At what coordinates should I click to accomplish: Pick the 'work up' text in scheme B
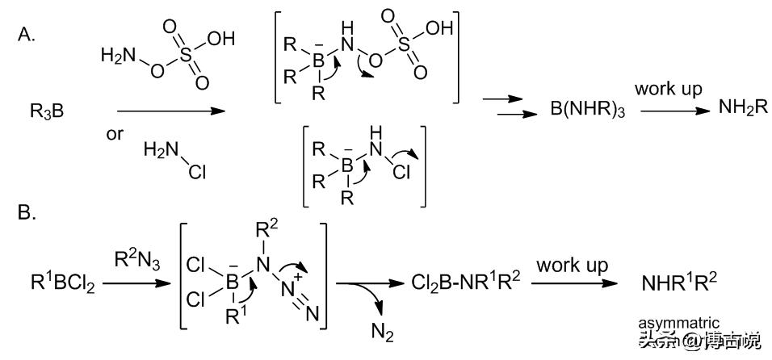point(575,265)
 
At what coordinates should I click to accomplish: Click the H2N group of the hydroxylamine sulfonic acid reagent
point(117,56)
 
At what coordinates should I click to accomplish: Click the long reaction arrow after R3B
point(170,111)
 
